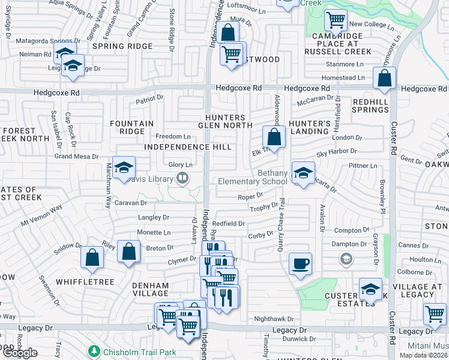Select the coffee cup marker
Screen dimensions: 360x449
click(x=300, y=263)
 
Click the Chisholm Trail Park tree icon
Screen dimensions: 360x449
click(x=94, y=350)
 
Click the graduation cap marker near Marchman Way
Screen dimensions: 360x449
click(x=124, y=167)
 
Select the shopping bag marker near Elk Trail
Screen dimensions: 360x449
click(x=274, y=137)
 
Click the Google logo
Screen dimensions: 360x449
click(x=20, y=353)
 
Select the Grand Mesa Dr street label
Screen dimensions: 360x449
click(x=76, y=157)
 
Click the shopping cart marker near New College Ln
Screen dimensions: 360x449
click(x=336, y=20)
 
